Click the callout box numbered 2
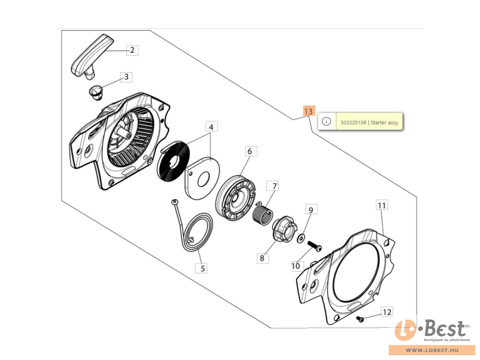click(132, 50)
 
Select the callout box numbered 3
click(126, 77)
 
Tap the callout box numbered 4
click(211, 127)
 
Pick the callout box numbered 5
click(203, 268)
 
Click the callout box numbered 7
click(274, 186)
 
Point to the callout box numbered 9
click(311, 210)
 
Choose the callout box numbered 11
click(382, 205)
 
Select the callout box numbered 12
click(386, 312)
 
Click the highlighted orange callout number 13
click(309, 111)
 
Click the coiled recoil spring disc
click(174, 160)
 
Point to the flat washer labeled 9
click(301, 238)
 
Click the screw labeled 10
click(314, 246)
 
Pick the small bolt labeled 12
click(360, 319)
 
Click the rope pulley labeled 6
click(235, 198)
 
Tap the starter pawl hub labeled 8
click(284, 229)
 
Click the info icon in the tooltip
click(326, 121)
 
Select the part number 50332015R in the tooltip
click(354, 122)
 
